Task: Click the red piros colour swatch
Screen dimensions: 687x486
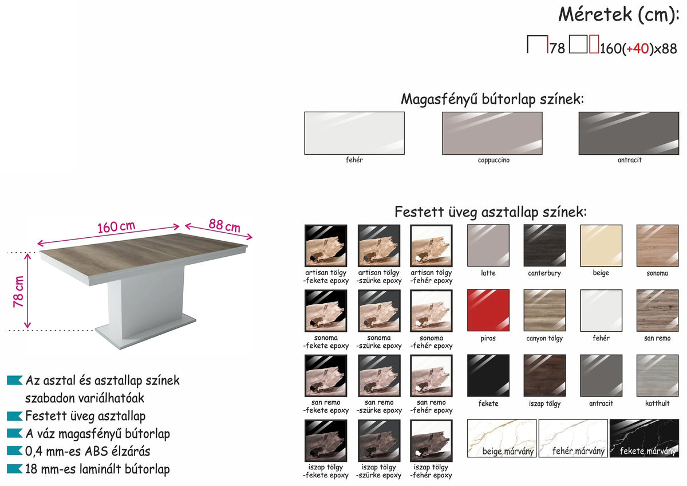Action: click(x=488, y=310)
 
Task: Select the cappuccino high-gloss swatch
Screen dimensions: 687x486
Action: click(x=492, y=133)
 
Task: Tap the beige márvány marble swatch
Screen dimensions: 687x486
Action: click(x=502, y=438)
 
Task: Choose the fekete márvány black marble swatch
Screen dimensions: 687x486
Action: click(x=644, y=438)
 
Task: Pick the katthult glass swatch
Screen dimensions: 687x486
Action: click(x=658, y=375)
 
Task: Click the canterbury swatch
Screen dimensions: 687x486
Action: click(x=544, y=245)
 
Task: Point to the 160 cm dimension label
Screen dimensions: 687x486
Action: click(x=116, y=227)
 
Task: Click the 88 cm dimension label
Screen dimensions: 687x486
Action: click(x=224, y=225)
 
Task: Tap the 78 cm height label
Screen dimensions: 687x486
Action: click(x=18, y=292)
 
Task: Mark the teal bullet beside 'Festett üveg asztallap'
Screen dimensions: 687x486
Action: click(x=14, y=416)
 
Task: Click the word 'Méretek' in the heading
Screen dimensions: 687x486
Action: click(x=595, y=14)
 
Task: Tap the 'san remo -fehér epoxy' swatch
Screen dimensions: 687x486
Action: click(x=431, y=376)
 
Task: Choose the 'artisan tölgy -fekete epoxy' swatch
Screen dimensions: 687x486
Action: click(x=326, y=246)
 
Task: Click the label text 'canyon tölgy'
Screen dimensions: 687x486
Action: click(x=544, y=338)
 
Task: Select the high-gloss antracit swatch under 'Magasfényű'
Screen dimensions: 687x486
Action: click(x=629, y=133)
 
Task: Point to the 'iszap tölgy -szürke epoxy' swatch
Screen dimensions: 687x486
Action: click(x=379, y=441)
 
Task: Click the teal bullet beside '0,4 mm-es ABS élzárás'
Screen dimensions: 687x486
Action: click(x=14, y=450)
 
